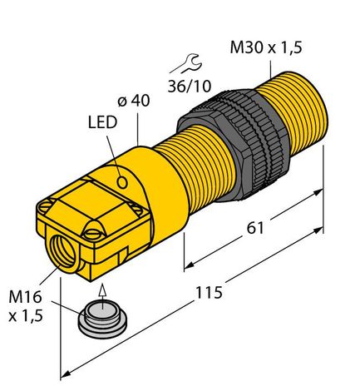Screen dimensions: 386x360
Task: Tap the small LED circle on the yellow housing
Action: tap(122, 180)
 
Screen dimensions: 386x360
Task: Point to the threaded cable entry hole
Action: tap(62, 247)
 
